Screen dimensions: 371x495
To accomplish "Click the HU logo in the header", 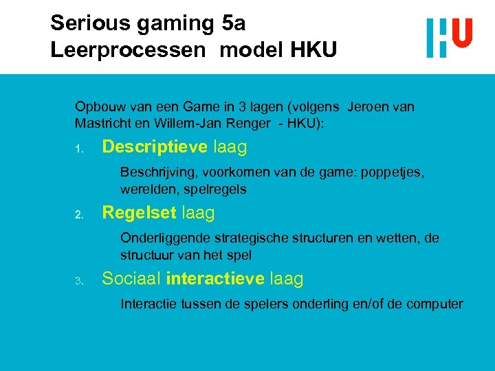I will [x=449, y=37].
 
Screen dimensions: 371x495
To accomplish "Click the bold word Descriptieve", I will [x=155, y=147].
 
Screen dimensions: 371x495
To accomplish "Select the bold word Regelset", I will [x=139, y=213].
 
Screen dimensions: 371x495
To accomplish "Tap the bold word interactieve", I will [x=215, y=278].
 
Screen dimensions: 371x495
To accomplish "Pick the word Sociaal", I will [x=131, y=278].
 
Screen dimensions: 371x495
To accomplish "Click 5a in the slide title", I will [x=234, y=23].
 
